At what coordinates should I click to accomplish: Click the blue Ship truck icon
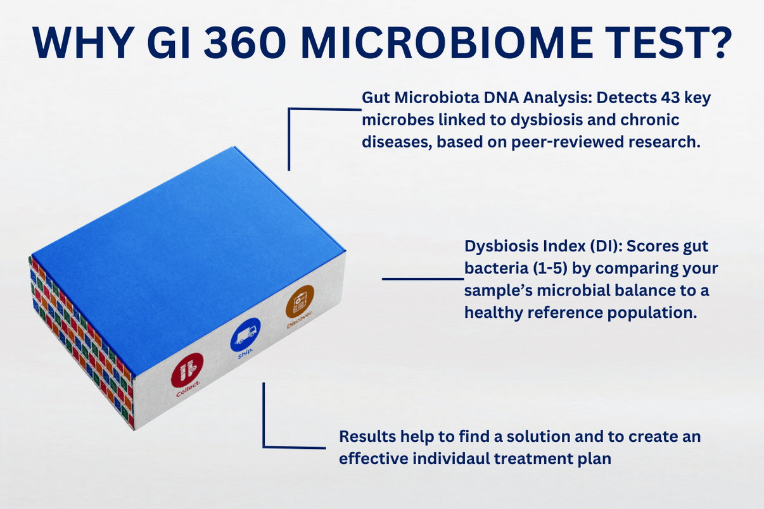coord(245,334)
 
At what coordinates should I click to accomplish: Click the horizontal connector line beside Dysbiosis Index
coord(422,278)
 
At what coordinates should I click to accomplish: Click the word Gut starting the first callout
coord(375,99)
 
